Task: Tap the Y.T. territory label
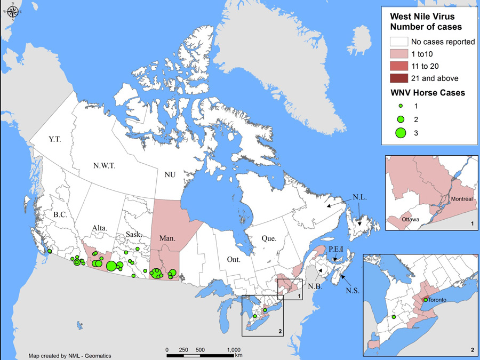54,139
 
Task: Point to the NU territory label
170,174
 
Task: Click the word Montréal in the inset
462,198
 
